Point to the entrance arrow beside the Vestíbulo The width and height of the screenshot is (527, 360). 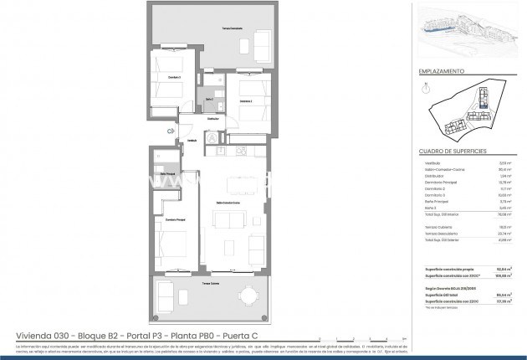tap(171, 131)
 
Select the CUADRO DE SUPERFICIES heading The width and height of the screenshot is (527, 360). tap(452, 152)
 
